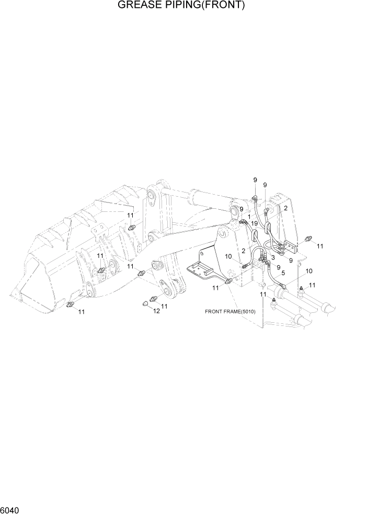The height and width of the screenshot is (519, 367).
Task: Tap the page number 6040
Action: [x=11, y=509]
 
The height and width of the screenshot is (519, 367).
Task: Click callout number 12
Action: [x=156, y=311]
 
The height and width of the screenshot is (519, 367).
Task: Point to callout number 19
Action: [x=254, y=223]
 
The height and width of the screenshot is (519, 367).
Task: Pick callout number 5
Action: [x=283, y=273]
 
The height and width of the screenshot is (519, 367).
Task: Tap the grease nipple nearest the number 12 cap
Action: [x=154, y=299]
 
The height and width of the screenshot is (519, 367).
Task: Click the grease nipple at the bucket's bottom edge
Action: [x=71, y=304]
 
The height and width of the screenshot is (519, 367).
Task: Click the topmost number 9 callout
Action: [x=255, y=180]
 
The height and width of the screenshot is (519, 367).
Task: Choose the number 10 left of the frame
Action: [x=228, y=256]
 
